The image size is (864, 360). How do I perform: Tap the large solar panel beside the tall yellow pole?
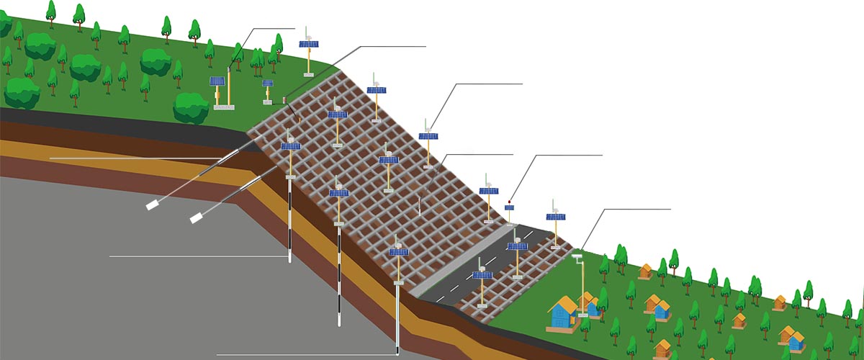(217, 81)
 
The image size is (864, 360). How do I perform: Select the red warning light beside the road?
(510, 202)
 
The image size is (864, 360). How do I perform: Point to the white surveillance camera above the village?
(577, 254)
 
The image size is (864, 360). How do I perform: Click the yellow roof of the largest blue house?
(562, 305)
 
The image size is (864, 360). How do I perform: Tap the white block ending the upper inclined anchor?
(153, 205)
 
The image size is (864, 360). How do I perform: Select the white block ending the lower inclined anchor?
(195, 217)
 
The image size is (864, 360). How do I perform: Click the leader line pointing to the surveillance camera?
(626, 210)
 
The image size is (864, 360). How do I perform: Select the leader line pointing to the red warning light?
(562, 156)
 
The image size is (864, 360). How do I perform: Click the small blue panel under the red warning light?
(510, 208)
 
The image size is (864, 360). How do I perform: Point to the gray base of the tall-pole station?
(224, 107)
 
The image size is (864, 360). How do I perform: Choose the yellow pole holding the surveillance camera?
(582, 284)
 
